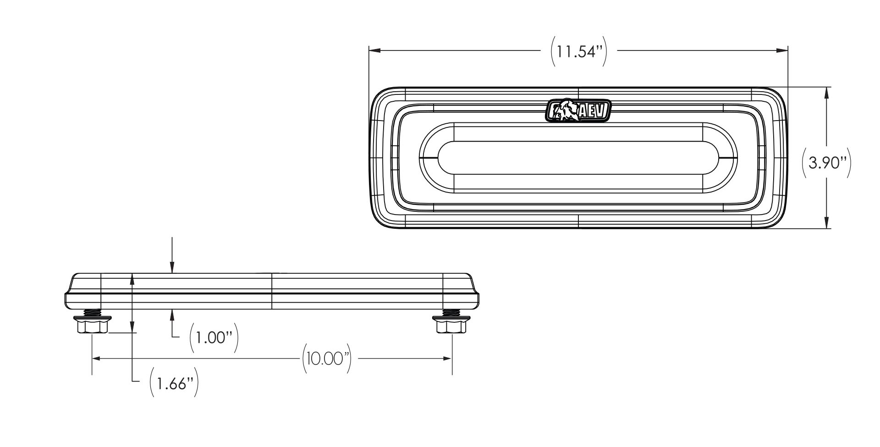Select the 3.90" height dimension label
[x=826, y=163]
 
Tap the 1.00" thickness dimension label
[x=214, y=338]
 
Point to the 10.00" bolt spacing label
[x=326, y=358]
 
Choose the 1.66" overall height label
[x=174, y=383]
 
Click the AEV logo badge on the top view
[x=578, y=111]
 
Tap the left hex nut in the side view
[x=93, y=327]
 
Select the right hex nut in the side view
[x=451, y=327]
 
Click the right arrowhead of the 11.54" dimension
[x=783, y=51]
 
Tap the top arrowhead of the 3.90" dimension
[x=826, y=92]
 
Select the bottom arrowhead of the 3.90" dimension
[x=826, y=224]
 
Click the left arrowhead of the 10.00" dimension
[x=96, y=358]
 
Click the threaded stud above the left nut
[x=93, y=313]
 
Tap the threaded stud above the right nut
[x=451, y=313]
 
